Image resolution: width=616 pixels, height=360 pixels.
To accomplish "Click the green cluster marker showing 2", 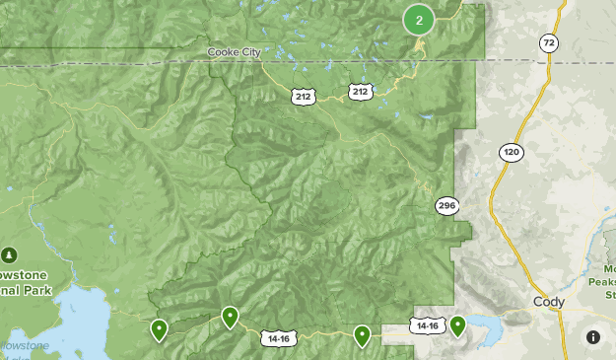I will click(x=419, y=20).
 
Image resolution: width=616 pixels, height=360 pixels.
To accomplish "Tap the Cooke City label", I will click(x=235, y=52).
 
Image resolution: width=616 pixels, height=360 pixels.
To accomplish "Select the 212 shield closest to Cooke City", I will click(x=302, y=96).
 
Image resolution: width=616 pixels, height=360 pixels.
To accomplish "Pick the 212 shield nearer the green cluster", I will click(x=360, y=92).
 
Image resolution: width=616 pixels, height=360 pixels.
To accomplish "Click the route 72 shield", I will click(x=549, y=43).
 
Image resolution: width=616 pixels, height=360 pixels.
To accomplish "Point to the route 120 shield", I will click(x=511, y=152).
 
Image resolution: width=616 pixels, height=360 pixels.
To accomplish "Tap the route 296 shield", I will click(x=447, y=205).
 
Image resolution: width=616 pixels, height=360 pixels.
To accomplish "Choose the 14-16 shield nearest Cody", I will click(x=426, y=324).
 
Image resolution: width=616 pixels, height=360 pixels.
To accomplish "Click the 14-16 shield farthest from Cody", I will click(x=278, y=338).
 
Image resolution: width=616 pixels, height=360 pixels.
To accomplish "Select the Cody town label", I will click(x=547, y=302).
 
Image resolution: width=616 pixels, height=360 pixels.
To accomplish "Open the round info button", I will click(x=593, y=337).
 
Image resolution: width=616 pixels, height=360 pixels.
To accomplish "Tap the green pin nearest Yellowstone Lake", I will click(x=159, y=329).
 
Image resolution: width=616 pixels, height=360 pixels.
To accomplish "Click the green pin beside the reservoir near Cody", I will click(x=457, y=325).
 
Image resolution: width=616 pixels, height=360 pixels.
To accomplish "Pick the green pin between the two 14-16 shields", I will click(x=363, y=335).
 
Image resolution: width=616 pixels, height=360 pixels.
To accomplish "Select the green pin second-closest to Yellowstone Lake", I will click(x=230, y=317).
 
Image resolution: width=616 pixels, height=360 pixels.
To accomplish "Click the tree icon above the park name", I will click(x=11, y=254).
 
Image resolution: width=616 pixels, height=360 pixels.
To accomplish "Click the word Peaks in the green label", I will click(x=603, y=281).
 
